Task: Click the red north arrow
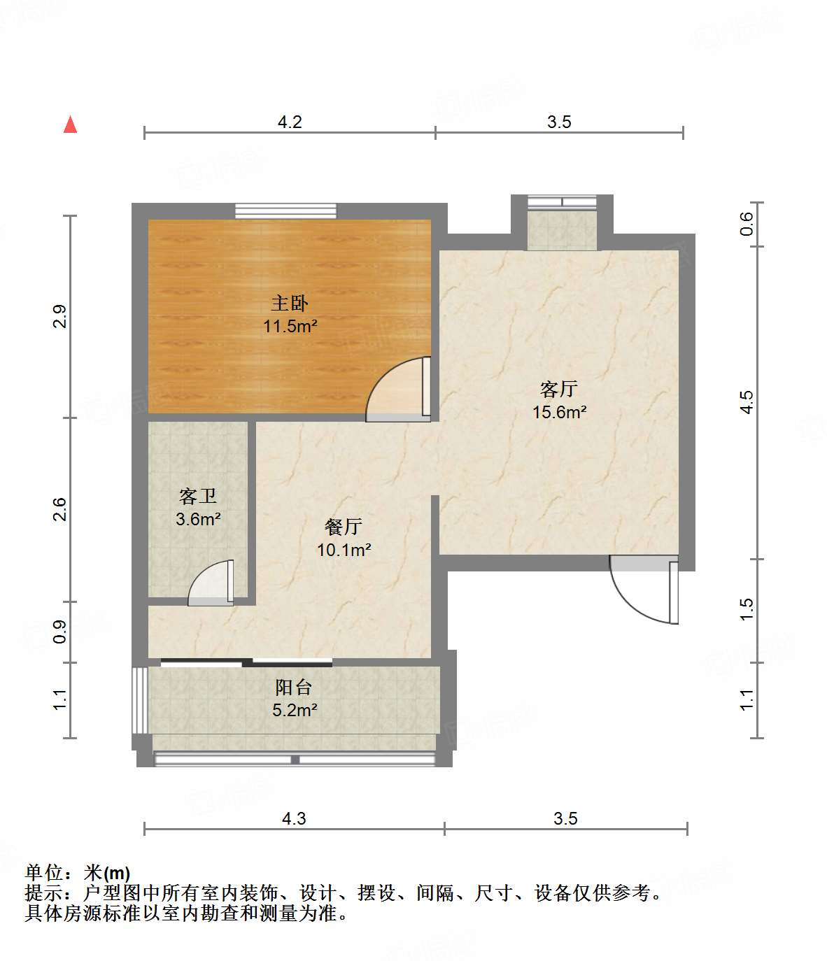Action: tap(70, 124)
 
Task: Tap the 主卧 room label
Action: tap(290, 303)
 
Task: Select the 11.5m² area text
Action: tap(290, 326)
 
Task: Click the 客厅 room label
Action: tap(558, 388)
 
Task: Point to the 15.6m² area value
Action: tap(558, 412)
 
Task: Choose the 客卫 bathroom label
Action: tap(198, 496)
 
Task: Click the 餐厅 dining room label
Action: tap(343, 527)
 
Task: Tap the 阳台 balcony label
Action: tap(293, 687)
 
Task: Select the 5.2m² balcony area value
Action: tap(294, 711)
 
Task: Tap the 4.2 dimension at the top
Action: tap(290, 122)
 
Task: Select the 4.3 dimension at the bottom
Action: tap(294, 818)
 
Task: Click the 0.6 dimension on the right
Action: tap(747, 223)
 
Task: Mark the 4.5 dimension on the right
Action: tap(747, 402)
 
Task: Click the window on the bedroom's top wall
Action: tap(285, 211)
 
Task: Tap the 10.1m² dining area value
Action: tap(344, 550)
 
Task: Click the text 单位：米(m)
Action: tap(78, 873)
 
